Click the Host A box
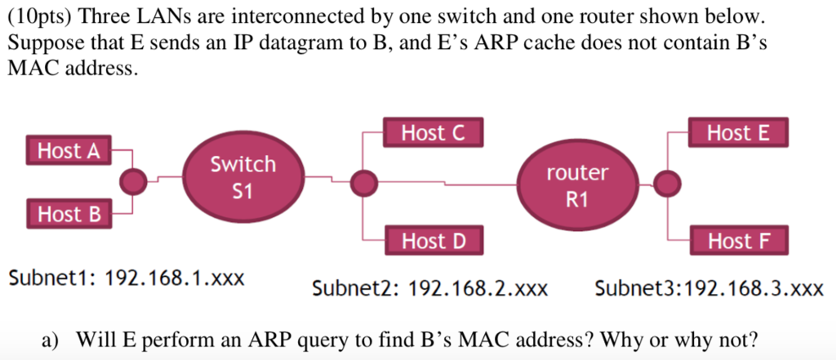69,150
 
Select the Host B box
69,215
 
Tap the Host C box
433,133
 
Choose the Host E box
738,133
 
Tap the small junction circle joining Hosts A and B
133,181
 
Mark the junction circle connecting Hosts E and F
667,184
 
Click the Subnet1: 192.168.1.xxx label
127,278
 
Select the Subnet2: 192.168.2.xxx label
430,288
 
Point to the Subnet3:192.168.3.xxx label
709,288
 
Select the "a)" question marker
51,338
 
